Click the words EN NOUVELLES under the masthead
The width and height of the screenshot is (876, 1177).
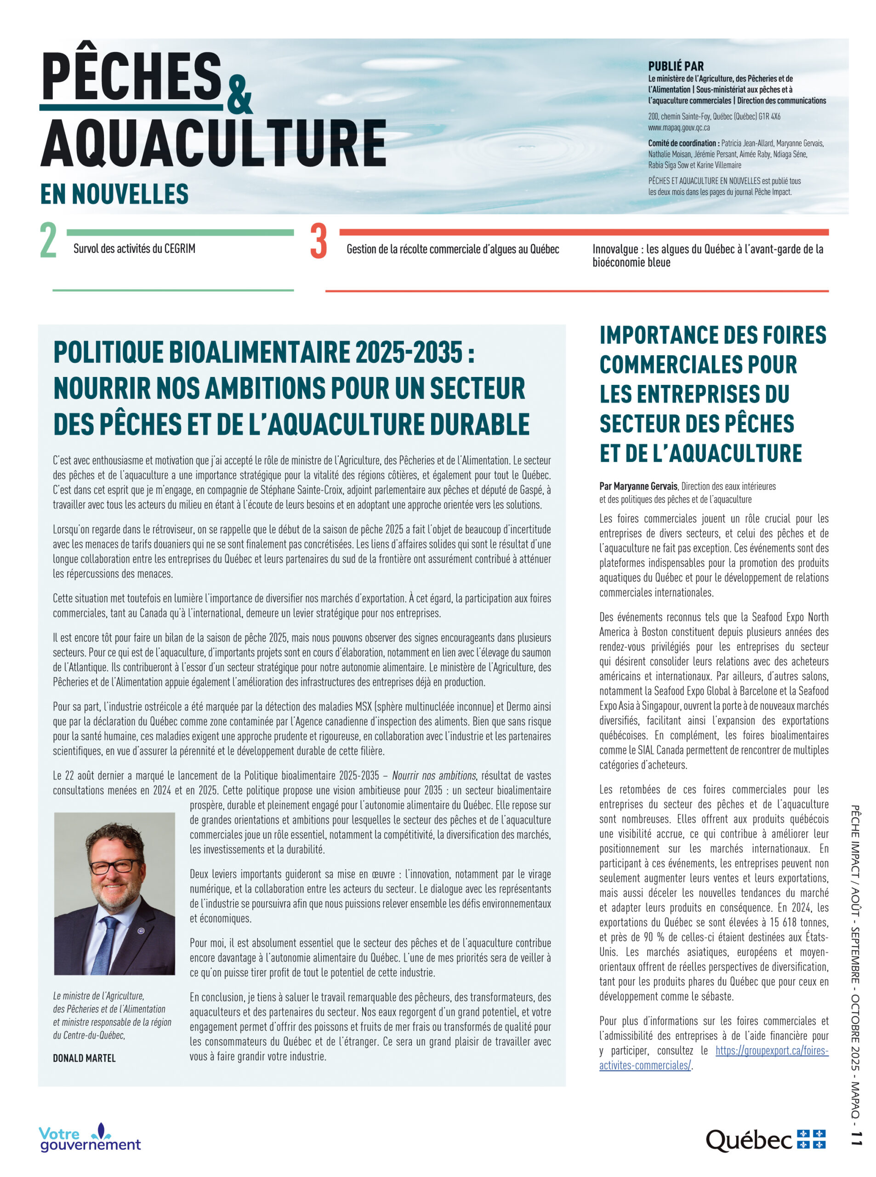coord(114,194)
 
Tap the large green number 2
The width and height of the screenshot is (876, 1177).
coord(48,241)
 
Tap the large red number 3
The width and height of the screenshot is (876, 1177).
coord(318,241)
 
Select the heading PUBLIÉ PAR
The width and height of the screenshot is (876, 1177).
coord(676,66)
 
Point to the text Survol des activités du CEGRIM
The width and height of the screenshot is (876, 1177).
coord(134,248)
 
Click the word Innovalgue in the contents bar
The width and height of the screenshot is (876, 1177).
coord(615,249)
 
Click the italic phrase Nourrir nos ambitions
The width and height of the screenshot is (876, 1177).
coord(433,776)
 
